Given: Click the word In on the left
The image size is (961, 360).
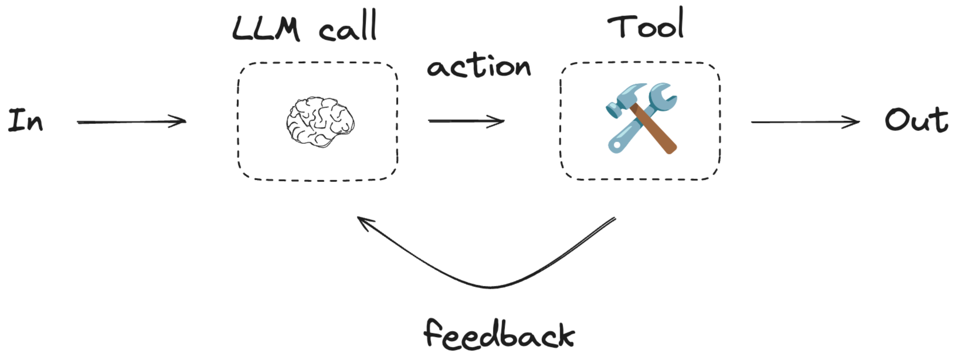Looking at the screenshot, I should point(26,120).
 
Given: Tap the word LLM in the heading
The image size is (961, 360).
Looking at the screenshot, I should point(266,28).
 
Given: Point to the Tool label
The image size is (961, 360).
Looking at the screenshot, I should point(645,24).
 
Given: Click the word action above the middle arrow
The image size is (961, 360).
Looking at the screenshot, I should point(479,67).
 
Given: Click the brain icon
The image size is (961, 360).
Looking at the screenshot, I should point(320,122).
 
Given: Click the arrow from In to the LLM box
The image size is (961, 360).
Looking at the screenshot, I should point(130,122).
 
